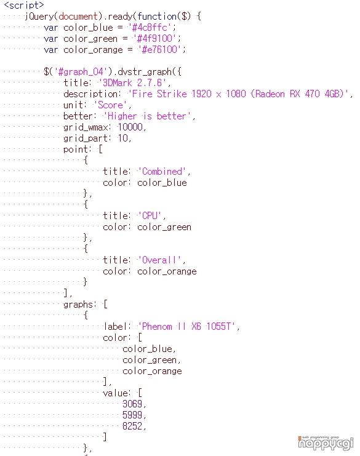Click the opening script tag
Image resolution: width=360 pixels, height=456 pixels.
[x=24, y=6]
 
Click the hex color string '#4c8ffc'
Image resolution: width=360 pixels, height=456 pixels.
[x=152, y=28]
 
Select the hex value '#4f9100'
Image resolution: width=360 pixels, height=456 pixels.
[x=157, y=38]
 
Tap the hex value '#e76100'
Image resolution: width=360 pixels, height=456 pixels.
[x=162, y=49]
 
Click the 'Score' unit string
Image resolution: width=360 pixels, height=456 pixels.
[x=110, y=105]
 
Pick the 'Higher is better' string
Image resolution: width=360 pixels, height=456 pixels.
[x=147, y=116]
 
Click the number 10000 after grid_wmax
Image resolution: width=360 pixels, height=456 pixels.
[x=130, y=127]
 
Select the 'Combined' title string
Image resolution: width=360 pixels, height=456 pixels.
[x=162, y=171]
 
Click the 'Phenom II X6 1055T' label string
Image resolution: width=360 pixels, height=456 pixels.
[x=186, y=326]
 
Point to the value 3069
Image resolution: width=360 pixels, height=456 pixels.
[x=132, y=404]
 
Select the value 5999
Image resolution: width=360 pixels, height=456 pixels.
[x=132, y=415]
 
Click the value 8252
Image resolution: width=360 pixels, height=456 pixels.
[x=132, y=426]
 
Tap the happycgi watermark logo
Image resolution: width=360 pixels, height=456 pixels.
[x=326, y=443]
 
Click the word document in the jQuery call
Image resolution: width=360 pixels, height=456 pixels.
[x=78, y=16]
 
